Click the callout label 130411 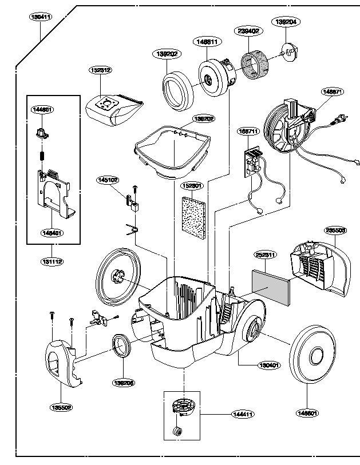pos(41,17)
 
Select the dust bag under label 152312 pos(113,109)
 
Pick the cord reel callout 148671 pos(332,90)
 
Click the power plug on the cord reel pos(341,120)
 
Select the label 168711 pos(249,131)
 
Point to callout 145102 pos(108,180)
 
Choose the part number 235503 pos(335,230)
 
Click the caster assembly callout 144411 pos(243,414)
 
